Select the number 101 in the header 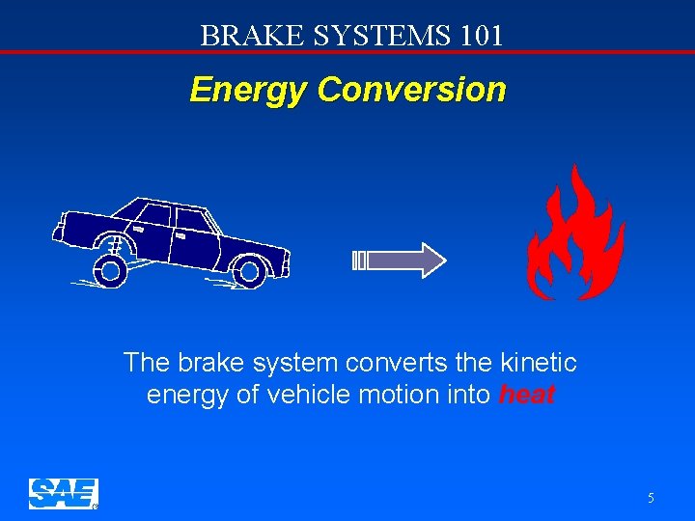482,36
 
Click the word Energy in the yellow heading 248,90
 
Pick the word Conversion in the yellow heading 410,90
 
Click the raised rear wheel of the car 111,271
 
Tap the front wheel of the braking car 249,272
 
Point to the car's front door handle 181,234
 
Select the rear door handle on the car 139,230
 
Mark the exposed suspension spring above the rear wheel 113,245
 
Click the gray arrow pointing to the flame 401,260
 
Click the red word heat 527,395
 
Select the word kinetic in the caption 539,363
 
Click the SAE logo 63,493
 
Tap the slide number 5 651,498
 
